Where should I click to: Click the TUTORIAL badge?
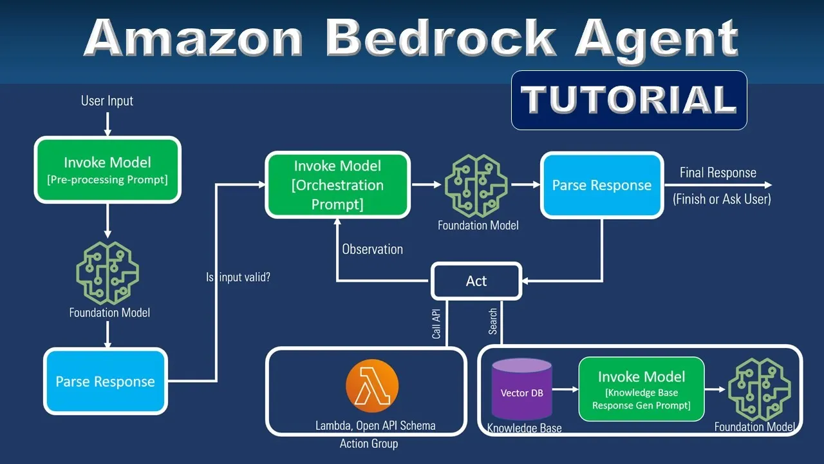[x=629, y=100]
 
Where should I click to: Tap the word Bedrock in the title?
[x=440, y=38]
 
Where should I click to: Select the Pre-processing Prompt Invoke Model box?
[x=108, y=169]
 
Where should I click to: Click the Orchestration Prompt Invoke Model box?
[x=338, y=185]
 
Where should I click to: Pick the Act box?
[x=476, y=281]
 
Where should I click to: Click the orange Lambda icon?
[x=372, y=385]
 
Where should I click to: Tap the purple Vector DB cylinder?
[x=521, y=389]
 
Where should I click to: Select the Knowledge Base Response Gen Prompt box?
[x=642, y=389]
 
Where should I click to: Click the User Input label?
[x=107, y=101]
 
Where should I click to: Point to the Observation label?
[x=372, y=249]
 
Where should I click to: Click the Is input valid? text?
[x=238, y=277]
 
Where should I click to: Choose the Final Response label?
[x=718, y=172]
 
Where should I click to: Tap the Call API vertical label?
[x=436, y=324]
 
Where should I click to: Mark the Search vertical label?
[x=492, y=322]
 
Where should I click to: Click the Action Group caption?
[x=369, y=444]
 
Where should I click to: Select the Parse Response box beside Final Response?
[x=602, y=185]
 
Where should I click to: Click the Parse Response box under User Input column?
[x=106, y=381]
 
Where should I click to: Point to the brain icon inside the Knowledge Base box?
[x=759, y=389]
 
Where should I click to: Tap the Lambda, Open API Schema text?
[x=375, y=426]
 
